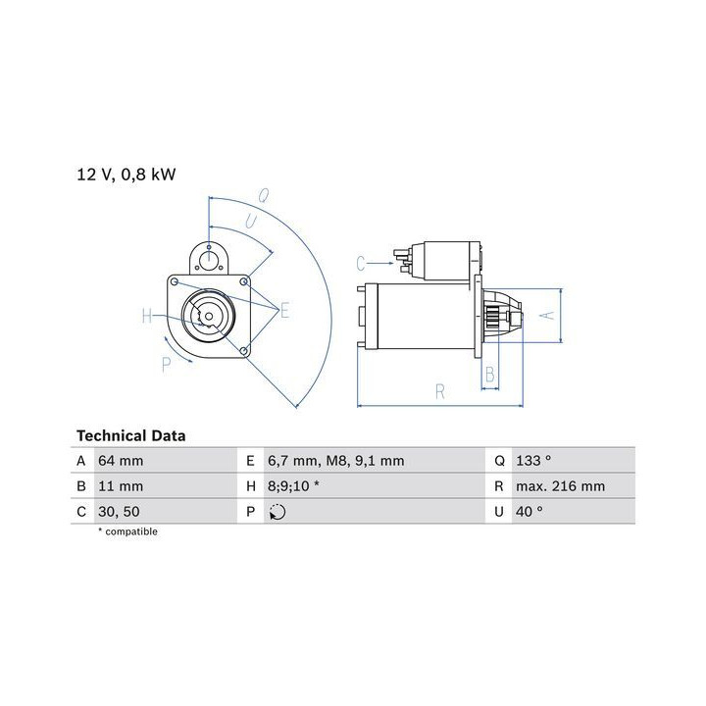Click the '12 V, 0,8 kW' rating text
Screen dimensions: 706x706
(126, 175)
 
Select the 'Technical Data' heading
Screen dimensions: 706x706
(131, 435)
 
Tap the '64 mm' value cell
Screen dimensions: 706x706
(121, 461)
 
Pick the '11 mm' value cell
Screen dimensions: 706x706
(121, 486)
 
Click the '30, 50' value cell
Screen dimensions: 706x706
(119, 512)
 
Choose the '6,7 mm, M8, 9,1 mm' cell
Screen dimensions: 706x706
(336, 461)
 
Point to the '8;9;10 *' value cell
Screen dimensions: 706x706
(293, 486)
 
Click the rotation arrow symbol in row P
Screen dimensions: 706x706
(277, 512)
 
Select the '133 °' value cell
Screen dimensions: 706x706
(533, 461)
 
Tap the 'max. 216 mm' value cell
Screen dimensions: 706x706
(561, 486)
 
